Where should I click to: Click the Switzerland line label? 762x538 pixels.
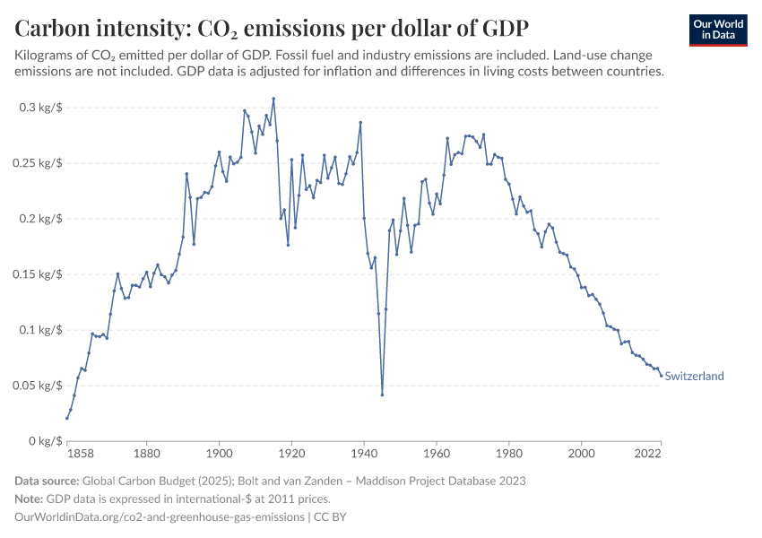(x=694, y=377)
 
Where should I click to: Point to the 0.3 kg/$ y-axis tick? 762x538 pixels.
(x=39, y=108)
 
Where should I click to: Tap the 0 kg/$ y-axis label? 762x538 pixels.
(x=41, y=441)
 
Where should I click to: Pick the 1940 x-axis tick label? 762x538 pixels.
(x=364, y=455)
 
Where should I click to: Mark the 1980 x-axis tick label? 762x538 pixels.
(x=509, y=455)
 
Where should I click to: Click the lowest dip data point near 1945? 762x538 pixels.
(x=382, y=395)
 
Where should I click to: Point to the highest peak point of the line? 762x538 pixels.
(x=273, y=99)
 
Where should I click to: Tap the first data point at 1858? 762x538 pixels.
(x=67, y=418)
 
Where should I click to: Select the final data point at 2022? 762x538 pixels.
(x=661, y=376)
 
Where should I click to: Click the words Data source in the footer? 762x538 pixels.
(x=51, y=481)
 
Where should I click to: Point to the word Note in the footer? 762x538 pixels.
(x=30, y=499)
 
